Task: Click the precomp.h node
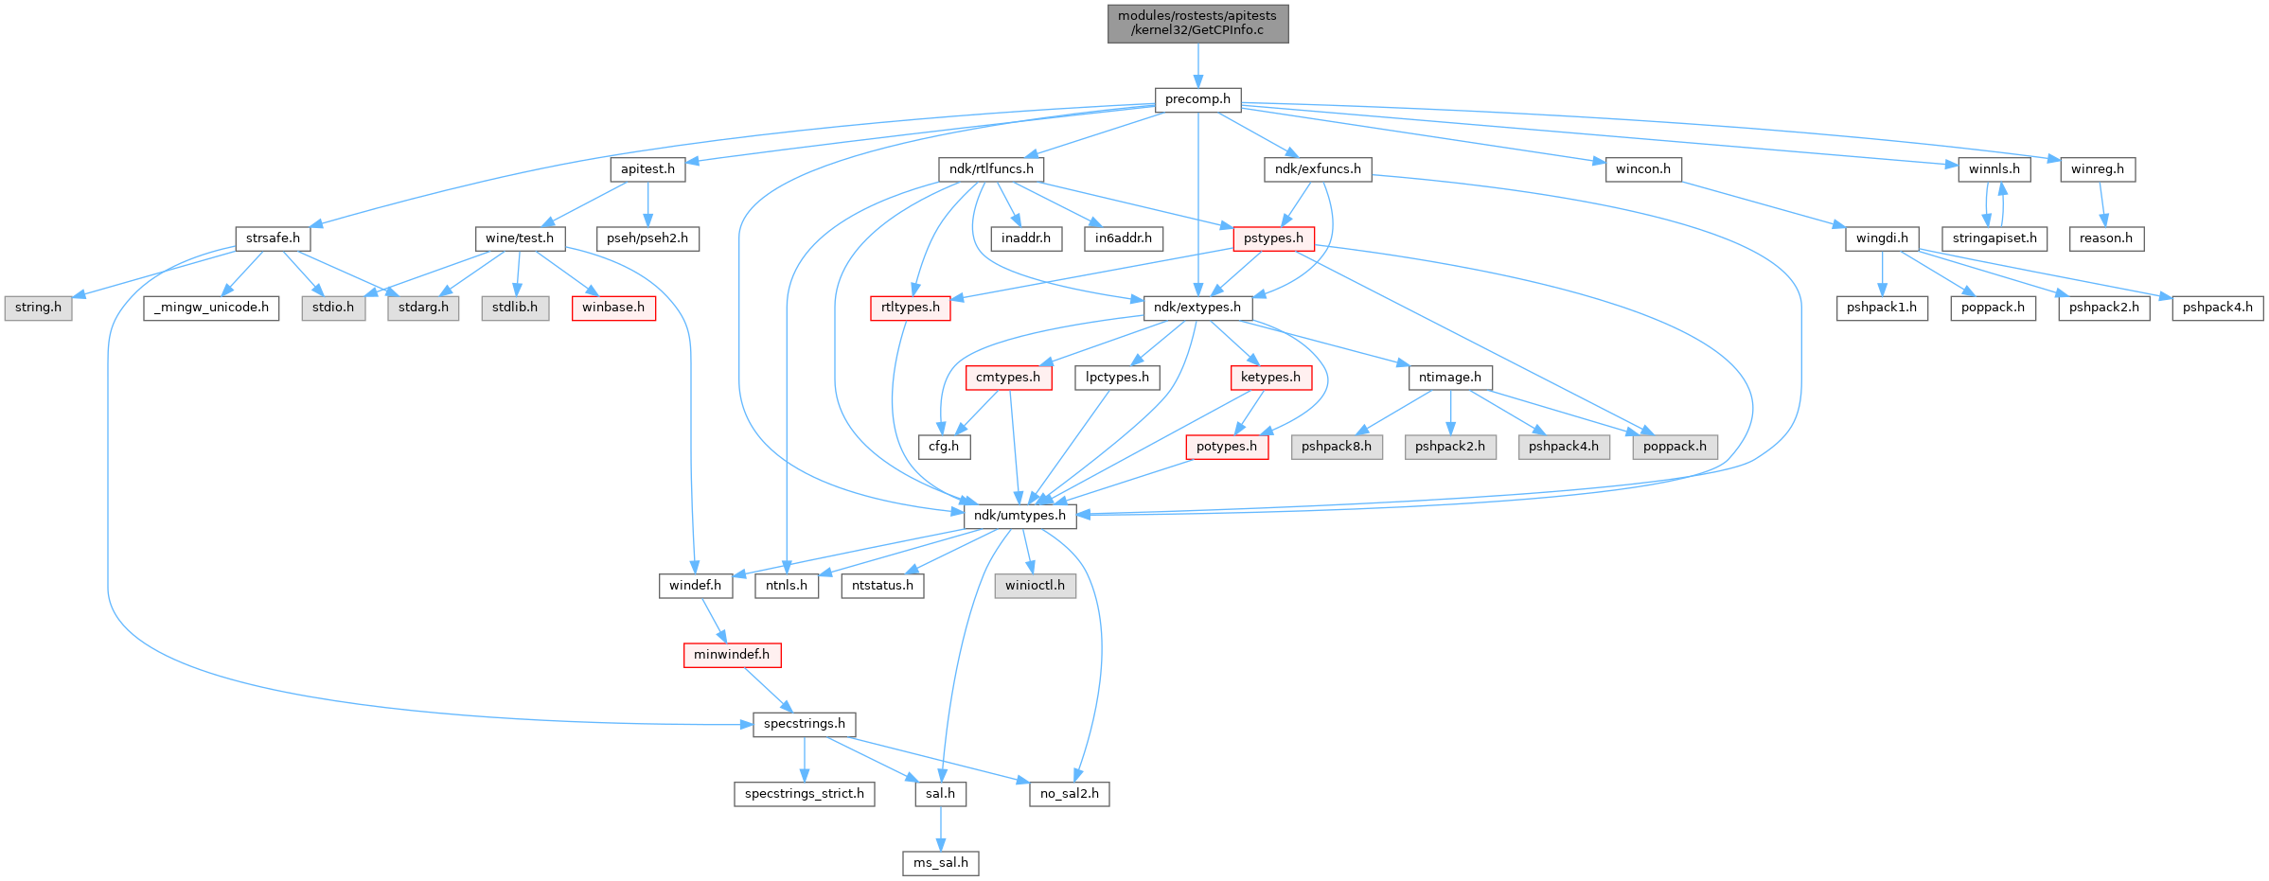[x=1197, y=99]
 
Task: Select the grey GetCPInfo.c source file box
[x=1197, y=23]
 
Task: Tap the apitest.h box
[x=647, y=169]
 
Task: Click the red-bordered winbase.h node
[x=613, y=308]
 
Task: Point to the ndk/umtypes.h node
[x=1019, y=516]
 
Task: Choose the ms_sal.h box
[x=940, y=863]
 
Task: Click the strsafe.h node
[x=273, y=238]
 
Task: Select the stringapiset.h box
[x=1994, y=238]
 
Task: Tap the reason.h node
[x=2105, y=238]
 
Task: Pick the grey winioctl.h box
[x=1035, y=586]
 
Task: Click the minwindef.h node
[x=732, y=655]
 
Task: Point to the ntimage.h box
[x=1449, y=378]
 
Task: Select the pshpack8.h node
[x=1336, y=447]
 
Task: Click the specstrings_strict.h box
[x=804, y=794]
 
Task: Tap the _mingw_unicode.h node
[x=211, y=308]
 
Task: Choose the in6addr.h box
[x=1123, y=238]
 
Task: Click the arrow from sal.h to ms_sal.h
[x=940, y=828]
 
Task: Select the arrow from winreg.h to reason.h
[x=2101, y=203]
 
